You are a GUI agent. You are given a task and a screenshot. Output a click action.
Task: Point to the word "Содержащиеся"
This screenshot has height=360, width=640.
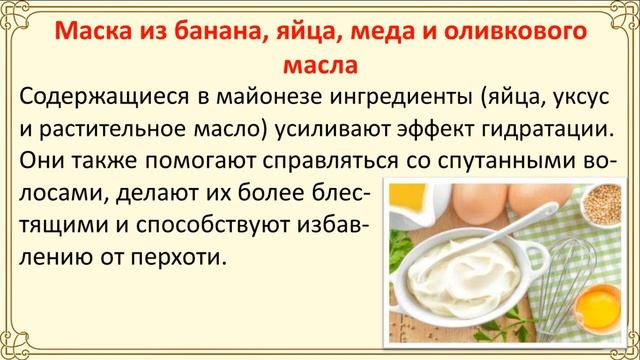point(103,98)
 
